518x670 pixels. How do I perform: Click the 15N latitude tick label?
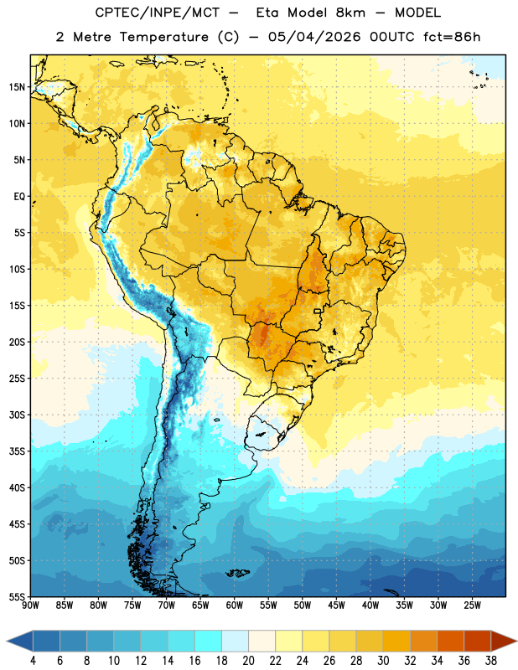point(17,87)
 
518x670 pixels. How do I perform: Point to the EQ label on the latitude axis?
point(19,197)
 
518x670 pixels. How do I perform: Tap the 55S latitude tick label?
point(17,596)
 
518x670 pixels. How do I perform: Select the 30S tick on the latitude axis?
point(17,415)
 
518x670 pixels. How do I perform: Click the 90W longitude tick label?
point(30,605)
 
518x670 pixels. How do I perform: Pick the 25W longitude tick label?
point(472,605)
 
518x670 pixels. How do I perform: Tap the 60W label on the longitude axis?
point(235,605)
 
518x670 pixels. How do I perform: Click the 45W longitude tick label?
point(336,605)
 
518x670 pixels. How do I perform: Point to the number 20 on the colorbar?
point(248,661)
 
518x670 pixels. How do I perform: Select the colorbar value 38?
point(491,661)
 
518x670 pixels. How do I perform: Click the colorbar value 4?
point(33,661)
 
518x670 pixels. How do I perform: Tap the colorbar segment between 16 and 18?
point(208,641)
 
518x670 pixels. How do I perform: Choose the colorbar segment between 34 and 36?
point(450,641)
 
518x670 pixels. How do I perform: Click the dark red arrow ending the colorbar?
point(503,641)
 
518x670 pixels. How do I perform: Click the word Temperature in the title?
point(163,37)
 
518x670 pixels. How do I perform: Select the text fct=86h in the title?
point(452,37)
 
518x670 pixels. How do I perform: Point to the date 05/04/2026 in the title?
point(314,37)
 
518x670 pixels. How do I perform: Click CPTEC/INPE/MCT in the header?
point(158,13)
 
